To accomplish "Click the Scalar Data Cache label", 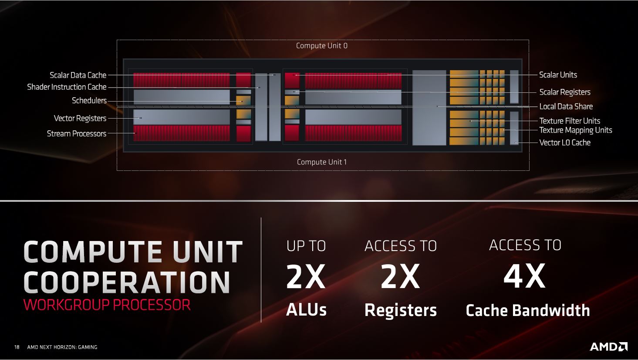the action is [78, 75].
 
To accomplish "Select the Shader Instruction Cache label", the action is [67, 87].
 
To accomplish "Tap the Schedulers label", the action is [89, 101].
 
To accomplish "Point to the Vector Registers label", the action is [80, 118].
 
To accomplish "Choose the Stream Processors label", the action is [77, 134].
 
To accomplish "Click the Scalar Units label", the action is [558, 75].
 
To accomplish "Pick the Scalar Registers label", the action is [565, 92].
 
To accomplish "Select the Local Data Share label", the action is [566, 107].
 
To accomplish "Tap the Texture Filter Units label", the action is [570, 121].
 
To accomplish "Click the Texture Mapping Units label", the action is [576, 130].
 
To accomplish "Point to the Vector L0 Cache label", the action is [565, 143].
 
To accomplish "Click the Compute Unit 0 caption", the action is [322, 46].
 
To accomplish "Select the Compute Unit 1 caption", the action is [322, 162].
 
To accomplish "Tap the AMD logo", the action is [608, 346].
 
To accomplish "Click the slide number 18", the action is [17, 347].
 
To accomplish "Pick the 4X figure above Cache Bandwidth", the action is [524, 276].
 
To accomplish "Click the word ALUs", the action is [306, 310].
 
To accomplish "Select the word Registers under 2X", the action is [401, 310].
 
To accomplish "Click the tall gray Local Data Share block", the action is [429, 108].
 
